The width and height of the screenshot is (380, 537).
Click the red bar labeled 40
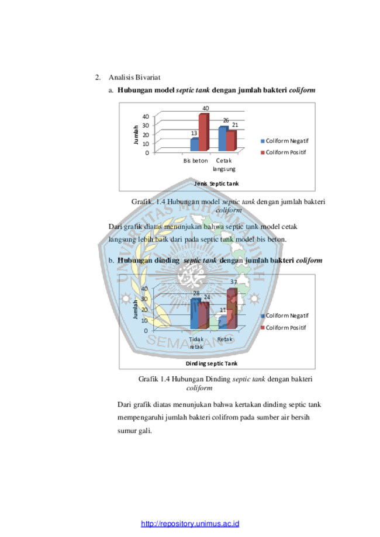click(x=204, y=132)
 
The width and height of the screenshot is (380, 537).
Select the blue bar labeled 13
click(x=195, y=144)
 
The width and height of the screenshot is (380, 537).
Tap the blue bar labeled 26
click(x=223, y=138)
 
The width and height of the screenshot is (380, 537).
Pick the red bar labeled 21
click(x=232, y=141)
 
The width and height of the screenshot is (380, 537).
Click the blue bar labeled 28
click(x=195, y=313)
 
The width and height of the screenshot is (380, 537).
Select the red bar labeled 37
click(x=232, y=309)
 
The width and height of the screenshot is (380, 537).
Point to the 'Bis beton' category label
click(x=195, y=161)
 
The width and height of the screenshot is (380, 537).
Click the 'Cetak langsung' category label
click(x=224, y=165)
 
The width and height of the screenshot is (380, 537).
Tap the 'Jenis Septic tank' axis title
click(x=216, y=183)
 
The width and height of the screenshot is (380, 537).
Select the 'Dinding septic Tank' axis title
click(x=212, y=363)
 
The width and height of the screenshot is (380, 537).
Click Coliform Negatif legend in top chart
click(x=285, y=141)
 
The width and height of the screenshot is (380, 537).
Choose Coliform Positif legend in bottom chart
click(x=284, y=328)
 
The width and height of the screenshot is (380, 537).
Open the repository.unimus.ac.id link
click(x=190, y=524)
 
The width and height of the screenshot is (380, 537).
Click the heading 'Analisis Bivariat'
click(x=134, y=77)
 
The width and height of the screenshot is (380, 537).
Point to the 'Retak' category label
click(x=224, y=339)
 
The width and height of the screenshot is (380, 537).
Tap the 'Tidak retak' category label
click(x=196, y=343)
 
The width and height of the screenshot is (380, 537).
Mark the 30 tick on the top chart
click(x=146, y=126)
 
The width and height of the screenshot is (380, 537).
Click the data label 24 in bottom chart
click(x=206, y=297)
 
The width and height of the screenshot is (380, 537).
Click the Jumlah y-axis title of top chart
click(x=136, y=134)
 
